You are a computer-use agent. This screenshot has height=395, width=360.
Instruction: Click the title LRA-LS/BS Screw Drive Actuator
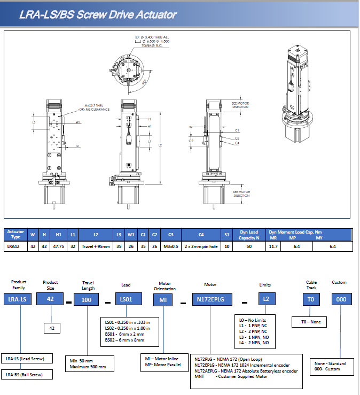pyautogui.click(x=98, y=14)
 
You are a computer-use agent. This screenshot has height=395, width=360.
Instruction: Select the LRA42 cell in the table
pyautogui.click(x=13, y=246)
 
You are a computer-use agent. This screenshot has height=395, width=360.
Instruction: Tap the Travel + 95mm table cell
pyautogui.click(x=96, y=246)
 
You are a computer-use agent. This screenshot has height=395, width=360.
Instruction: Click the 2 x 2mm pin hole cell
pyautogui.click(x=201, y=246)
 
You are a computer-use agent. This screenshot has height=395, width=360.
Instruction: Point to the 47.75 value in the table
pyautogui.click(x=59, y=246)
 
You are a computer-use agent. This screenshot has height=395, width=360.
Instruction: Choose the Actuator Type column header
pyautogui.click(x=15, y=234)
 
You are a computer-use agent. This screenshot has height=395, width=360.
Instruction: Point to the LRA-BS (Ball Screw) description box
pyautogui.click(x=27, y=375)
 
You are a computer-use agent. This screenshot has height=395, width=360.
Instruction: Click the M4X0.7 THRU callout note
pyautogui.click(x=96, y=106)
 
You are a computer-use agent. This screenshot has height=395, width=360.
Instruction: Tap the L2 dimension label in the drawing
pyautogui.click(x=160, y=145)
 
